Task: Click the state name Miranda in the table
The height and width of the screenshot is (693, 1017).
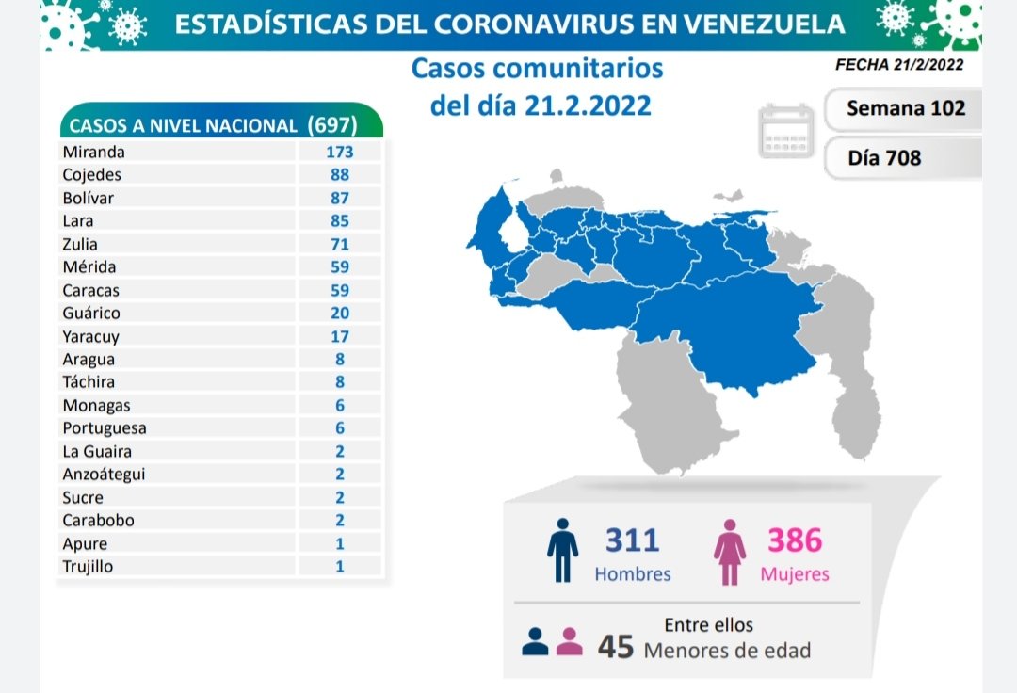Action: coord(93,152)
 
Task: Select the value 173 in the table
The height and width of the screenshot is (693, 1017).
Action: coord(340,152)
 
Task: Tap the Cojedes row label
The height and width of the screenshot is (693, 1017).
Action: coord(91,174)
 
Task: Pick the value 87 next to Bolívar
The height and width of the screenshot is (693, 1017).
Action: coord(340,198)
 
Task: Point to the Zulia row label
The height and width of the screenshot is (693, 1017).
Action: coord(80,244)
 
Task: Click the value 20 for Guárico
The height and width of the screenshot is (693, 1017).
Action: coord(340,314)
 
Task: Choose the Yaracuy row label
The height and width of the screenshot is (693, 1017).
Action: coord(90,336)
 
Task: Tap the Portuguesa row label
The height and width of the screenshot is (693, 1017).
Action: coord(104,428)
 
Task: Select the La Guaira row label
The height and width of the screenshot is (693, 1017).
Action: coord(97,451)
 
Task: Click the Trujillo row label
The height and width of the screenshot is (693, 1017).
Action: coord(88,567)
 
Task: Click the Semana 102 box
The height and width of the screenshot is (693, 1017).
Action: coord(905,107)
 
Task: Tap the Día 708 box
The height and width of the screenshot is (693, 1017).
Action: coord(884,158)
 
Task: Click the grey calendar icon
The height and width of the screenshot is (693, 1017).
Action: coord(786,131)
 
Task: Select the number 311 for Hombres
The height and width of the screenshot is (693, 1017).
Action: coord(633,540)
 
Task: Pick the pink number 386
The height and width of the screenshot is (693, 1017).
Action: coord(795,540)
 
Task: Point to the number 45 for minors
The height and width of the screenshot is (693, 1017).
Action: coord(616,647)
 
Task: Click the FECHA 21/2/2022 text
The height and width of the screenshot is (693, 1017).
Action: coord(898,65)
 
